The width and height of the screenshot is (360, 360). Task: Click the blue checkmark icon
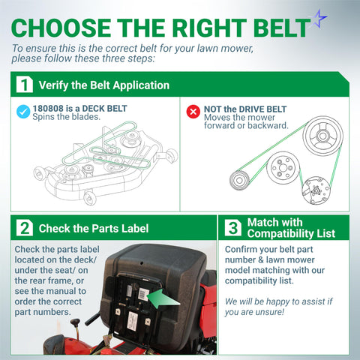[23, 112]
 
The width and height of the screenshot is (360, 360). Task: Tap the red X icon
[193, 112]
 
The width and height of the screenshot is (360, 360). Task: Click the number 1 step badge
[25, 85]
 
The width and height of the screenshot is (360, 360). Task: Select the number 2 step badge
[25, 228]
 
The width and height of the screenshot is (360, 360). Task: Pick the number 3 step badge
[233, 228]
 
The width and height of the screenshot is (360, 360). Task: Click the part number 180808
[48, 109]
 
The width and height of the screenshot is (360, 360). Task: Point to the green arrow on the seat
[163, 298]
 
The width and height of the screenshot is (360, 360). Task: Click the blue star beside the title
[319, 19]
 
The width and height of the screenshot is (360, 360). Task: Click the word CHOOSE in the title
[61, 28]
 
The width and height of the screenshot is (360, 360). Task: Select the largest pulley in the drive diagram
[322, 136]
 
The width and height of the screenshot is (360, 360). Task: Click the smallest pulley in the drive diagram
[239, 180]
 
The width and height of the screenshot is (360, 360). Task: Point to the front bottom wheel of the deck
[89, 198]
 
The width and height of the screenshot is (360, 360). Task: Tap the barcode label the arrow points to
[143, 294]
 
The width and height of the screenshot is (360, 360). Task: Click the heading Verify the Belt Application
[104, 85]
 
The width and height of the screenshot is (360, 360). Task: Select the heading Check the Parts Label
[94, 229]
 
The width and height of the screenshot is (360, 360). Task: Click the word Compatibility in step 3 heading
[280, 233]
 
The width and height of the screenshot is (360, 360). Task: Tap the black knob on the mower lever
[75, 322]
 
